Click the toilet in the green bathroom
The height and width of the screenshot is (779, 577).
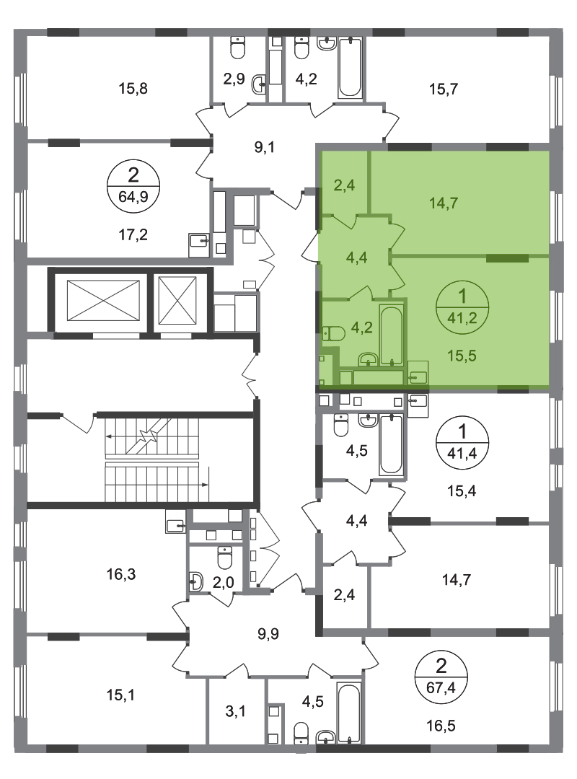[x=334, y=334]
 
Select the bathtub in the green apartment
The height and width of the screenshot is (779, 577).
[x=392, y=336]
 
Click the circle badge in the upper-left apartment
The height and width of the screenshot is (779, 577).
[x=131, y=185]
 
